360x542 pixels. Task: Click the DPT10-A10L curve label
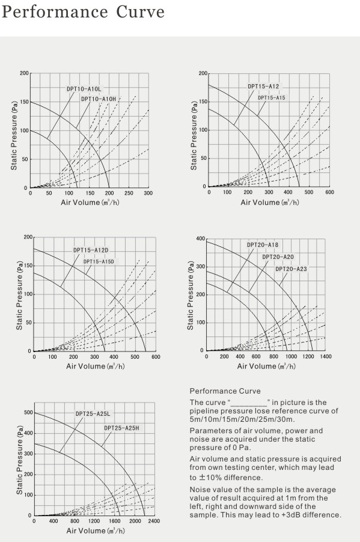[84, 89]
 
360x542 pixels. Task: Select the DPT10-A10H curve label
[99, 99]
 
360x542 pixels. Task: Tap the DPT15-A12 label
[263, 86]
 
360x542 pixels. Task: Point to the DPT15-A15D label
[99, 261]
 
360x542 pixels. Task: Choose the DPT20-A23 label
[291, 269]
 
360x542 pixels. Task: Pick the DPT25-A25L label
[93, 414]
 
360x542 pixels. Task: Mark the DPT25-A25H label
[122, 428]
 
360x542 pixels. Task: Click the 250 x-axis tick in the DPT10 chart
[129, 193]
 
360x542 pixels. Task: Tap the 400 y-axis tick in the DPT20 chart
[201, 239]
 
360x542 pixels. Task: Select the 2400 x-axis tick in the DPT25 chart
[154, 521]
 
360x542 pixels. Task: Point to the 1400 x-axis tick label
[325, 356]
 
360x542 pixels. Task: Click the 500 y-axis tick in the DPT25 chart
[28, 413]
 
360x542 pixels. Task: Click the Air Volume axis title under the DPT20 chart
[266, 366]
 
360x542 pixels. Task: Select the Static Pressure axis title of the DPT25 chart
[19, 460]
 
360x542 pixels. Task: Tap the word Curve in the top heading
[140, 12]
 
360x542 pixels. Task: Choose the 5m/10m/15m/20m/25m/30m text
[242, 419]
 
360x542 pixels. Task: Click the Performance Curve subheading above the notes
[225, 391]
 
